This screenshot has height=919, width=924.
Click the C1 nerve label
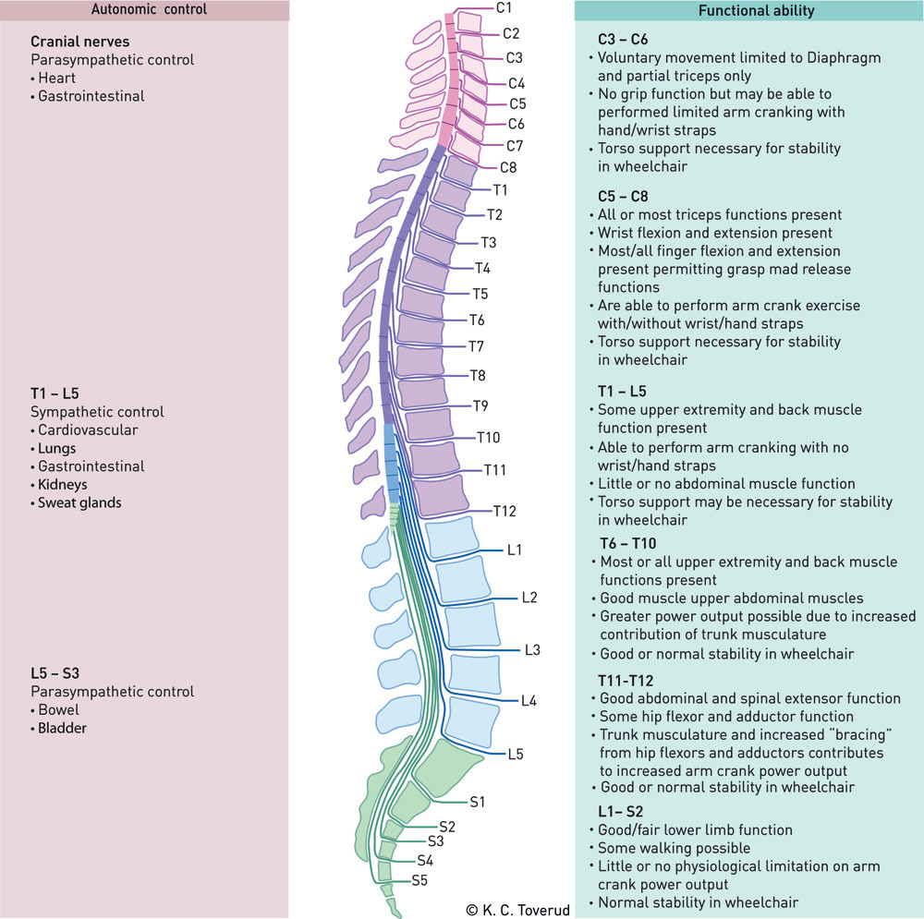[505, 8]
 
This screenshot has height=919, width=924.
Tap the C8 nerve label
[509, 168]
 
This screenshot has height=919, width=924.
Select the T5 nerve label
[480, 295]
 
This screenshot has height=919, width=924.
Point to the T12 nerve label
[504, 511]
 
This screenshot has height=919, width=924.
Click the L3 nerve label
[532, 650]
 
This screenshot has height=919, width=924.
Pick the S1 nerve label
[478, 802]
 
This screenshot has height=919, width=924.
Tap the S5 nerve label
[419, 880]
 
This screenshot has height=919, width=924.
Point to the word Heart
[57, 79]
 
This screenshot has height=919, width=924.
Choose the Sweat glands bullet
[79, 503]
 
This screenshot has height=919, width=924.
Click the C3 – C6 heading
[625, 40]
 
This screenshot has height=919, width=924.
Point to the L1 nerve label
[515, 550]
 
